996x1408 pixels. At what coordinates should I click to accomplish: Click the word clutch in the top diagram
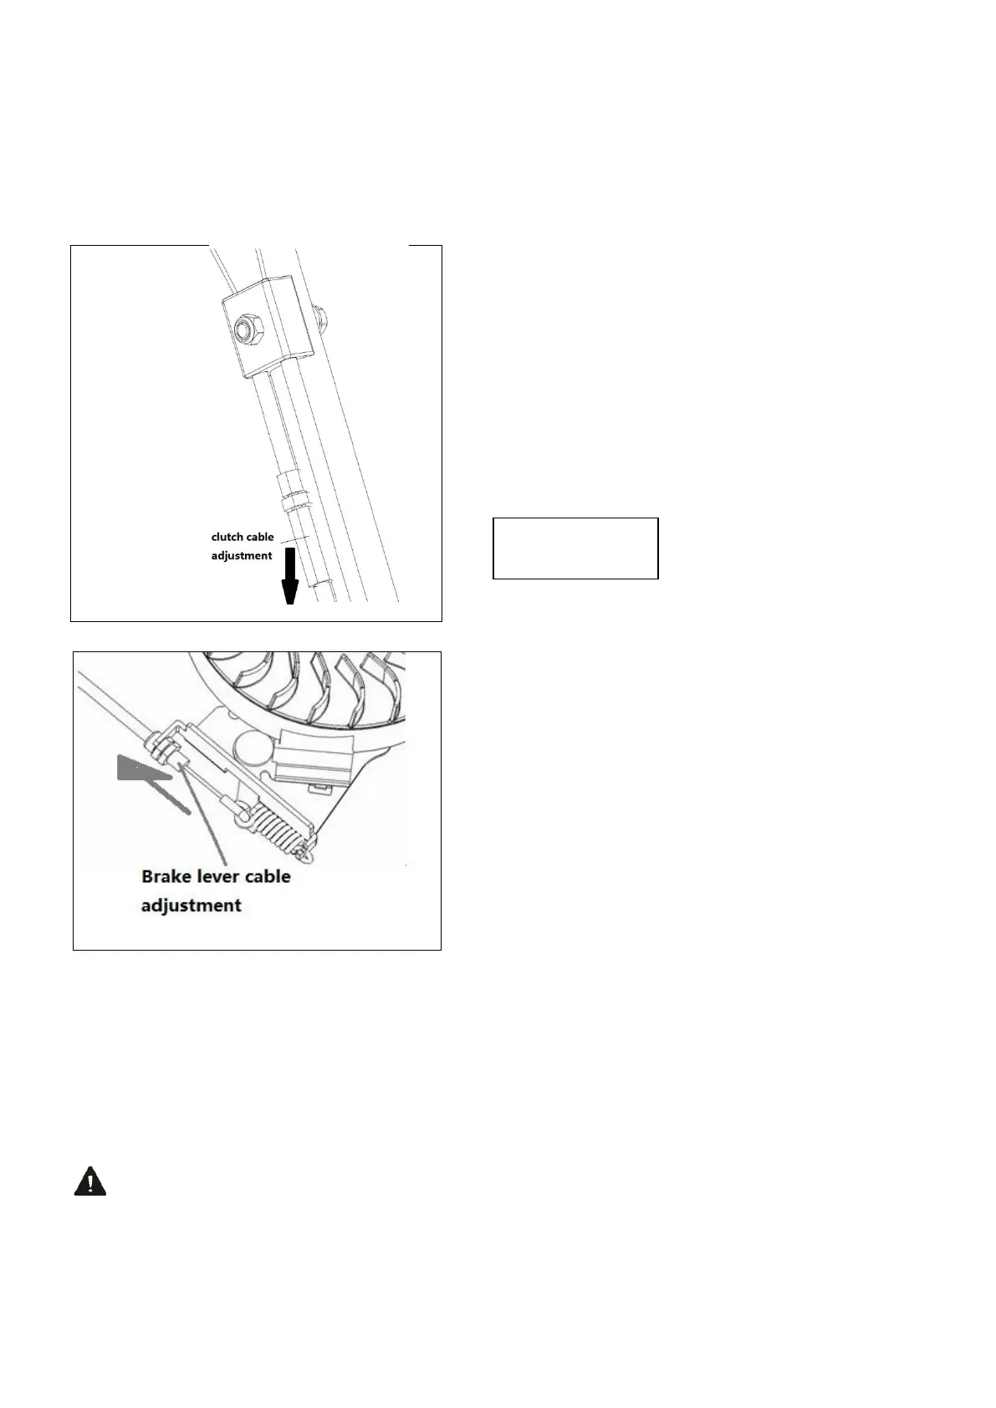tap(227, 537)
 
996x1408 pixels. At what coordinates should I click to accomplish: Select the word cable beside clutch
tap(260, 537)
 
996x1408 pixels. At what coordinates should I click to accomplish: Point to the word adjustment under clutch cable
tap(241, 555)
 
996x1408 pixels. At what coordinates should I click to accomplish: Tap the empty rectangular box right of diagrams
tap(575, 548)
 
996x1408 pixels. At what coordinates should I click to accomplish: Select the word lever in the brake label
tap(220, 876)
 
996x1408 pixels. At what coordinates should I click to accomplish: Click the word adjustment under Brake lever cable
tap(192, 905)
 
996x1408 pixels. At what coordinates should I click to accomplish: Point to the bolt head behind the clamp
tap(321, 314)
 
